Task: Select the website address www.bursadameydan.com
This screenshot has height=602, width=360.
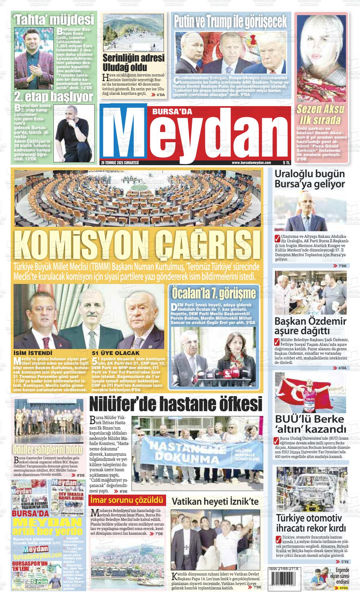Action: click(251, 163)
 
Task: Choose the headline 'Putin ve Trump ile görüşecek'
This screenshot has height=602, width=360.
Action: click(230, 21)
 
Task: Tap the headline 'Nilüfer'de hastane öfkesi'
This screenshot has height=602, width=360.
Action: click(176, 404)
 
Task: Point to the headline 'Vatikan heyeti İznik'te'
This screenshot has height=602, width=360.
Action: click(215, 502)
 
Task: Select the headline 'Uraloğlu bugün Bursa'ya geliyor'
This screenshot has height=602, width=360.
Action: click(309, 179)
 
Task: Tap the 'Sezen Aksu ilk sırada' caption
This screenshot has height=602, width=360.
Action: click(320, 114)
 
